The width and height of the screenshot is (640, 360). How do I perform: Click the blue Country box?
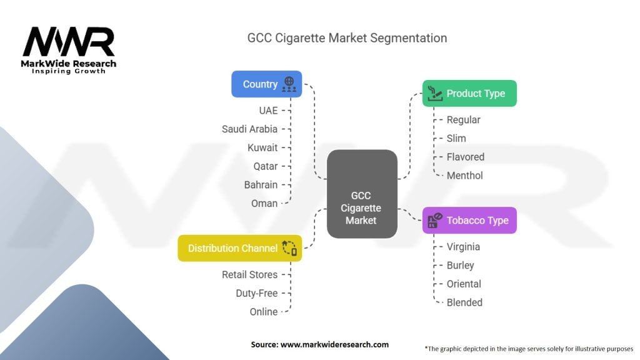pos(266,84)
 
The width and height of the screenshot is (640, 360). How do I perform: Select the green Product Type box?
pos(469,94)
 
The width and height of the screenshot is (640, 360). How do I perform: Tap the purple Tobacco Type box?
pos(469,221)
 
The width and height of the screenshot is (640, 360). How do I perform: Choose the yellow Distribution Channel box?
pos(240,248)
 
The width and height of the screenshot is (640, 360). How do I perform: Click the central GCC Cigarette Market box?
pos(362,194)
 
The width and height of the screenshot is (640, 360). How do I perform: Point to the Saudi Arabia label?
pos(249,129)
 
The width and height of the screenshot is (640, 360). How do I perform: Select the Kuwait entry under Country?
pos(262,147)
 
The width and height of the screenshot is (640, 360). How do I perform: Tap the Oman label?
pos(264,203)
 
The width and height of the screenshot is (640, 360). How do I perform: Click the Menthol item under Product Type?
pos(464,176)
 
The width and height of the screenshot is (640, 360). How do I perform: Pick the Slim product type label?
pos(456,138)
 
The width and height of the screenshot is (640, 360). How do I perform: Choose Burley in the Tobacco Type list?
pos(460,265)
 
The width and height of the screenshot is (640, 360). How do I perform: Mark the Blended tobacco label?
pos(464,302)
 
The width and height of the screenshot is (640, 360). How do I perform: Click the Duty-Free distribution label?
pos(257,293)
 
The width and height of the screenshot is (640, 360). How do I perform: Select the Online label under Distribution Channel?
pos(264,312)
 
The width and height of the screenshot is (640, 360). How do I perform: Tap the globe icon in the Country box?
pos(289,84)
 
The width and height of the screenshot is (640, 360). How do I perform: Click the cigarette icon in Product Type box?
pos(435,94)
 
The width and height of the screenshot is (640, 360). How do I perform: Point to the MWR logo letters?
pos(69,41)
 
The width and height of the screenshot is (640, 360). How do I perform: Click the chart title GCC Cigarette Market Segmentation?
pos(347,38)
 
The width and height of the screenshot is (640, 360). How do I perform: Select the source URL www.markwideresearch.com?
pos(335,344)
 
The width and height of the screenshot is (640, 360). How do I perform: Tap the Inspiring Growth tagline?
pos(69,71)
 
